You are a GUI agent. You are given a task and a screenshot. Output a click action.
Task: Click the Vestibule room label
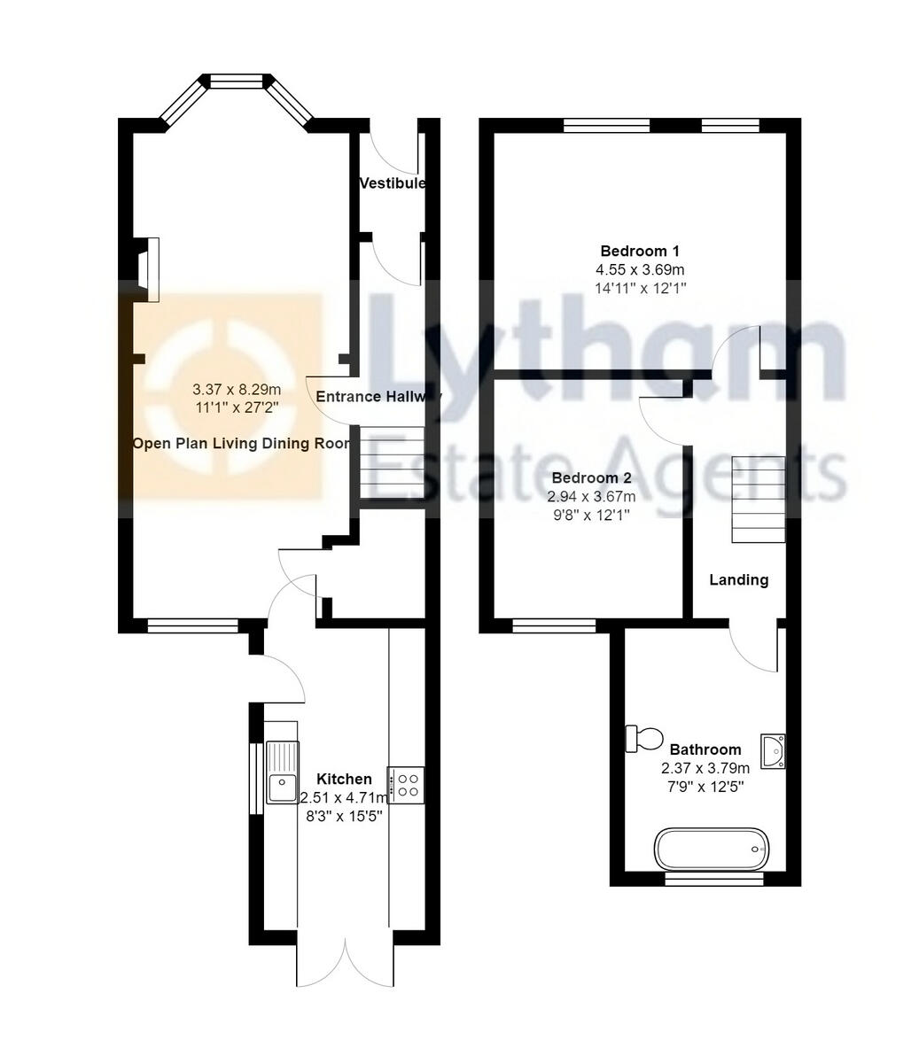pos(392,183)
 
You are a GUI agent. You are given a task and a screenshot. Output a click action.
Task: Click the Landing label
pos(738,580)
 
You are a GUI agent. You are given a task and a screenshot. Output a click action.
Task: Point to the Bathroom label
pos(705,749)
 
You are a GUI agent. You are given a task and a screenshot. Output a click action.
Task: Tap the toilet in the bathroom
pos(644,738)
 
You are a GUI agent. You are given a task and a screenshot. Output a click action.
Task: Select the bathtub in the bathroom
pos(711,849)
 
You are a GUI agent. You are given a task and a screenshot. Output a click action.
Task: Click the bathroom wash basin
pos(773,751)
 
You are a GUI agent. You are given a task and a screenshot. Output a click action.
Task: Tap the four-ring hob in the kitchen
pos(408,784)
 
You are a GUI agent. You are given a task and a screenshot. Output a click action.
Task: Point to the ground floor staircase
pos(391,464)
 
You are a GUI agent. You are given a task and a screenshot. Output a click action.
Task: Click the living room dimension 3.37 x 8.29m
pos(237,390)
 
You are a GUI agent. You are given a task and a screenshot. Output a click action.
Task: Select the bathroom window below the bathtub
pos(713,879)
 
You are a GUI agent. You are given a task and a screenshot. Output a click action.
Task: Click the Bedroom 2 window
pos(555,626)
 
